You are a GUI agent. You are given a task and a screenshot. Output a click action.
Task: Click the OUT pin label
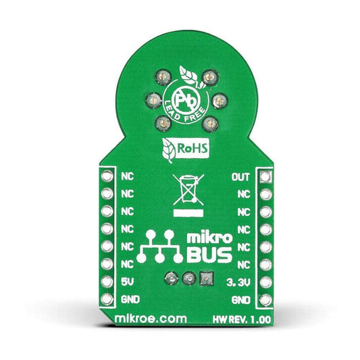coord(240,177)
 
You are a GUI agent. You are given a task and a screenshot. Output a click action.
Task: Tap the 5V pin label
coord(128,282)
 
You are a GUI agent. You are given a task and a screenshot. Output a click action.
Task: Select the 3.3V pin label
coord(238,282)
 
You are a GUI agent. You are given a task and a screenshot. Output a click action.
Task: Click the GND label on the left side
coord(130,299)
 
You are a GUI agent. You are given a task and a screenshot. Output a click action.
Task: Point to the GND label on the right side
coord(241,300)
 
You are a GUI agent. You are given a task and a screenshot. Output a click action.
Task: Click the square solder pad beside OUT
coord(266,177)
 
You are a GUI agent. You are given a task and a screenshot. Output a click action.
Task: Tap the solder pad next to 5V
coord(107,282)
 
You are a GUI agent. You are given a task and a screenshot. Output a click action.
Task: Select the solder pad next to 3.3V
coord(266,282)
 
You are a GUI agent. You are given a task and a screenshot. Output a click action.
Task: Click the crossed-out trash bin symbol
coord(188,190)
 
